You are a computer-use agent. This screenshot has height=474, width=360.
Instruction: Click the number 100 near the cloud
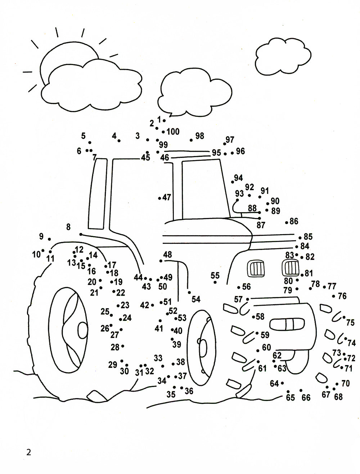point(173,132)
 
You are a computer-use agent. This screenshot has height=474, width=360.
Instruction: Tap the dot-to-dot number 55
point(215,276)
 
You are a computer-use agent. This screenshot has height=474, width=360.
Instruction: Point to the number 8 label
point(68,227)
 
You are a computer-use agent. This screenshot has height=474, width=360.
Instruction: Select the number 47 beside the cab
point(167,197)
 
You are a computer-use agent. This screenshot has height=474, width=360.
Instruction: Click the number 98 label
point(199,136)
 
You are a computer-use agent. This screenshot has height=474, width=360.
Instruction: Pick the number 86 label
point(294,221)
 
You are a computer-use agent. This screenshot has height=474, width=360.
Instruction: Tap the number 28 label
point(115,347)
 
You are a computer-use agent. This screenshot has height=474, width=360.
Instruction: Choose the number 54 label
point(196,299)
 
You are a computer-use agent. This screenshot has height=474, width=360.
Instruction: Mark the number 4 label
point(114,136)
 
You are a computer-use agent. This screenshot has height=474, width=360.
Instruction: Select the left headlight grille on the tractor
point(255,268)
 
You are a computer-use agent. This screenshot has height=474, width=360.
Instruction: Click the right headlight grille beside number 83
point(291,268)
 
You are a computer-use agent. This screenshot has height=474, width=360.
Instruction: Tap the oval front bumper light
point(287,324)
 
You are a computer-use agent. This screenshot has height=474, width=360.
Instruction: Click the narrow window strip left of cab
point(98,194)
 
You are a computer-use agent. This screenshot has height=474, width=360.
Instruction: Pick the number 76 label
point(342,296)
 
